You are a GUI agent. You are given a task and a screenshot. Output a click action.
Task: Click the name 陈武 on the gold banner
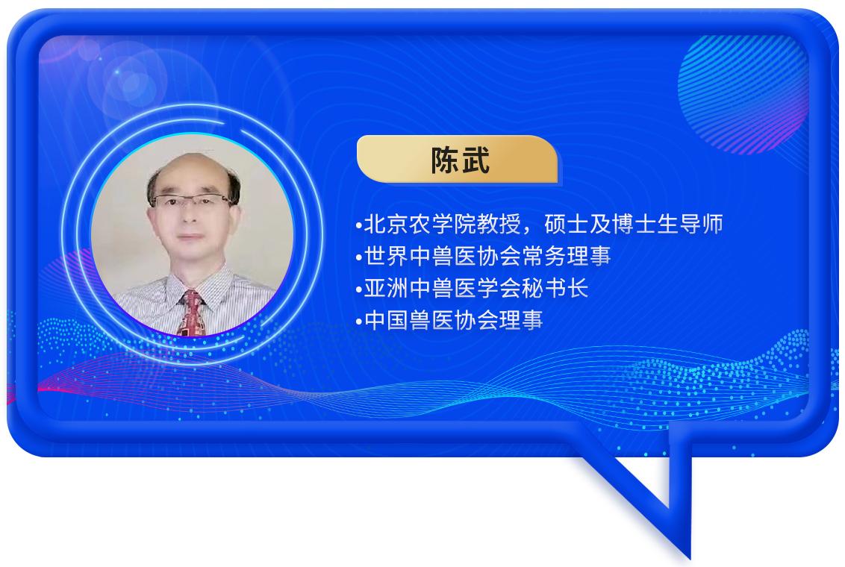(460, 160)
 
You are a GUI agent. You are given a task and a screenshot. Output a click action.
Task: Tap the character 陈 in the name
(445, 160)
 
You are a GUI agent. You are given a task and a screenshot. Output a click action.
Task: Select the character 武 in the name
(475, 160)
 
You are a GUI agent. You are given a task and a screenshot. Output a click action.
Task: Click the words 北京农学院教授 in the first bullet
(442, 225)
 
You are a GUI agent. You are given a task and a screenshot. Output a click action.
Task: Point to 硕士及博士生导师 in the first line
(634, 225)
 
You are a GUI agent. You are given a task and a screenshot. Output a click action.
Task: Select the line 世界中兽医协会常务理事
(487, 257)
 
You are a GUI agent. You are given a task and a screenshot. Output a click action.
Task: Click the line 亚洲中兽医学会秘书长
(475, 289)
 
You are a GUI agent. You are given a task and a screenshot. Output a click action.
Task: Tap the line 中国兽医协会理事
(453, 320)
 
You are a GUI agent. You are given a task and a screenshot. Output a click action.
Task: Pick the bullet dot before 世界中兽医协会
(359, 258)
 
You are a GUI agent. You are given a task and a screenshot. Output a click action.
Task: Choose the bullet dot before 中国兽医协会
(359, 322)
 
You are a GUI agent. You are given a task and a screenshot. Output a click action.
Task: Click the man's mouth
(190, 236)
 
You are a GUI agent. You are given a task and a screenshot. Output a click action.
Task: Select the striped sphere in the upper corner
(743, 94)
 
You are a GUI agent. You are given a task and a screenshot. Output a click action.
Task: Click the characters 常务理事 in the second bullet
(567, 257)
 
